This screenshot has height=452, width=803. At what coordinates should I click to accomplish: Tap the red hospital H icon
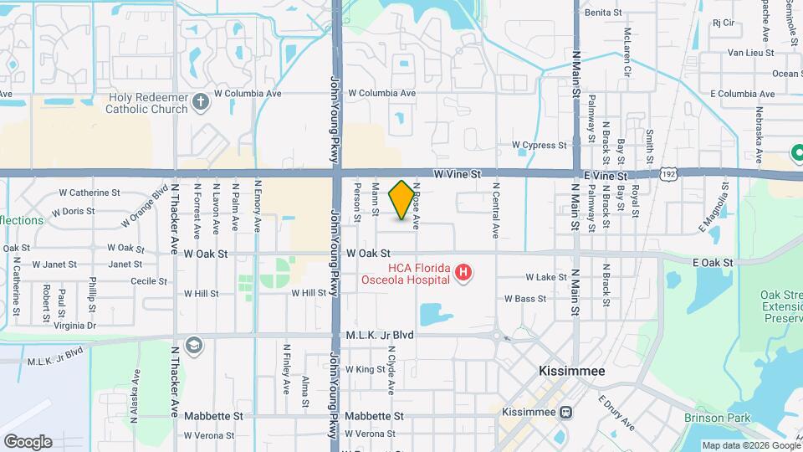(462, 272)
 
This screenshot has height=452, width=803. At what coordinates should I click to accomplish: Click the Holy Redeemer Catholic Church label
(148, 102)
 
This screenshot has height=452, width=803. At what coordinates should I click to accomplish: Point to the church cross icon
(200, 102)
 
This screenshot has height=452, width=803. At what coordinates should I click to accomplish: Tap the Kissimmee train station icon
(567, 412)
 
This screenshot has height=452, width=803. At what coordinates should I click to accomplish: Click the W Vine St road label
(458, 174)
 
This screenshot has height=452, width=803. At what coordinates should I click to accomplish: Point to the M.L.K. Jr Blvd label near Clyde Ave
(381, 335)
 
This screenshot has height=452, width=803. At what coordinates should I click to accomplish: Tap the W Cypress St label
(539, 146)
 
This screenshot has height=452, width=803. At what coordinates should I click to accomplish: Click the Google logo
(28, 441)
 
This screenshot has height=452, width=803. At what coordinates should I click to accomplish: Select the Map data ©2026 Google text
(749, 445)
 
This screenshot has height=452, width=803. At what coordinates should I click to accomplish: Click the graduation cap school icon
(194, 345)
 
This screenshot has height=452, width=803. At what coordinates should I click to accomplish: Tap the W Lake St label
(546, 277)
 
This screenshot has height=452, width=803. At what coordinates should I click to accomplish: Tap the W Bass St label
(525, 298)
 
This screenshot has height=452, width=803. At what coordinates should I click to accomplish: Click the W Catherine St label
(90, 193)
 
